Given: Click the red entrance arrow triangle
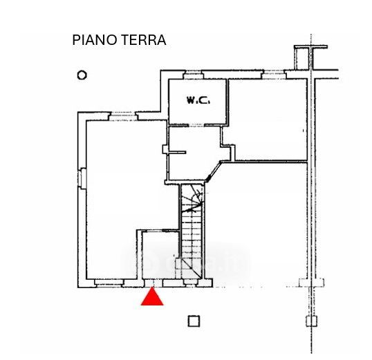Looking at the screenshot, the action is (152, 298).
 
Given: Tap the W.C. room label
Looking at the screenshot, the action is (198, 100).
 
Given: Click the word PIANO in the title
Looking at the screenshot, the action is (93, 40).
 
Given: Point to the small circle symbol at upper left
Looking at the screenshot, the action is (82, 75).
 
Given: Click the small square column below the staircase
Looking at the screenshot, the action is (194, 321).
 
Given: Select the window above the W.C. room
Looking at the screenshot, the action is (194, 75).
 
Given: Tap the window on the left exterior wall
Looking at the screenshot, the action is (82, 178).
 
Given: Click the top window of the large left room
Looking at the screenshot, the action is (123, 116).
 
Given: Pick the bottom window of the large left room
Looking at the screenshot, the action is (109, 283).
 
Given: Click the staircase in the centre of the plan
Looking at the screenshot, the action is (192, 231).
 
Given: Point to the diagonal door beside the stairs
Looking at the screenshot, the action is (213, 171).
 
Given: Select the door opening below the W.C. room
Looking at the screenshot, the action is (196, 125).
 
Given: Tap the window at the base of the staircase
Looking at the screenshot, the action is (190, 283).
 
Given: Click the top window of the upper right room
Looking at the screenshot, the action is (274, 75).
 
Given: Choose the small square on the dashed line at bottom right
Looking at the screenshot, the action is (312, 321).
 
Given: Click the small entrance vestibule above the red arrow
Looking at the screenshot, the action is (160, 255).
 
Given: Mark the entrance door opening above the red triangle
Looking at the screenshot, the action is (154, 283).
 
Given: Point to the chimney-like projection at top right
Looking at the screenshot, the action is (310, 57).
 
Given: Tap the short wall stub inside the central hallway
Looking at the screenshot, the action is (177, 153).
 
